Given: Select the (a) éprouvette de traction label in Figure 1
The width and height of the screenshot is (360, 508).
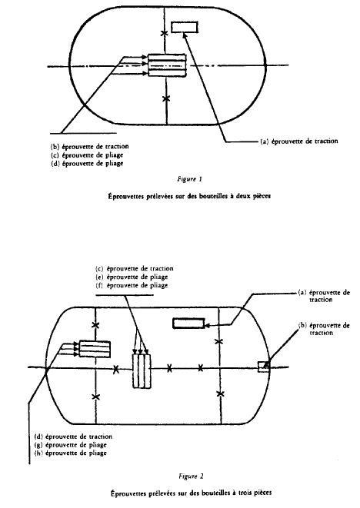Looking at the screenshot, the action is click(299, 141).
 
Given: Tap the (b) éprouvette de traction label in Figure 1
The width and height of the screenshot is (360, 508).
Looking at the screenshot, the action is click(90, 147).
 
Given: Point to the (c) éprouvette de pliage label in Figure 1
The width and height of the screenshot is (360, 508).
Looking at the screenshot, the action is click(87, 155).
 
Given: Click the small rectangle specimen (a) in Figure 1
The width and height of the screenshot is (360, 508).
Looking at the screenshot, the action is click(184, 27).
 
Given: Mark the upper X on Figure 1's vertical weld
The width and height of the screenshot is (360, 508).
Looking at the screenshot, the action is click(165, 33).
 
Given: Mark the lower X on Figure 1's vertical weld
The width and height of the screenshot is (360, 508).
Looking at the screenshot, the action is click(166, 98).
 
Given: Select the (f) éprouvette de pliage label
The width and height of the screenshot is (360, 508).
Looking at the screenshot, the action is click(132, 285).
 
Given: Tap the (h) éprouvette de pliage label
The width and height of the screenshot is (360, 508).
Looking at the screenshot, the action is click(70, 453).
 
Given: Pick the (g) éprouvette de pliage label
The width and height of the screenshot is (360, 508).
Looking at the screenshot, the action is click(70, 445).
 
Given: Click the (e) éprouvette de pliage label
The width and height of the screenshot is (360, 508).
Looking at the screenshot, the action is click(132, 277).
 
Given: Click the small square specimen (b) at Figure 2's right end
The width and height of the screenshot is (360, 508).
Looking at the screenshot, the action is click(263, 367).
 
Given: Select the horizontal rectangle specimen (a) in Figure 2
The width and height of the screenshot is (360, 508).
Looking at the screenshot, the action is click(188, 324).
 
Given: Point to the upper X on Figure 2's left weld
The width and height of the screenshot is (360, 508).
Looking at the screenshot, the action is click(95, 324).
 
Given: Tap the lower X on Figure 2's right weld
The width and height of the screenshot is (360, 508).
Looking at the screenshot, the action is click(221, 393).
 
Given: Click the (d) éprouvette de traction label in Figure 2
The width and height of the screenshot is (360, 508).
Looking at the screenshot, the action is click(73, 437).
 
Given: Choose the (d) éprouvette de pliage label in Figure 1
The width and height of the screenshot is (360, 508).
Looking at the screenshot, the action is click(87, 163).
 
